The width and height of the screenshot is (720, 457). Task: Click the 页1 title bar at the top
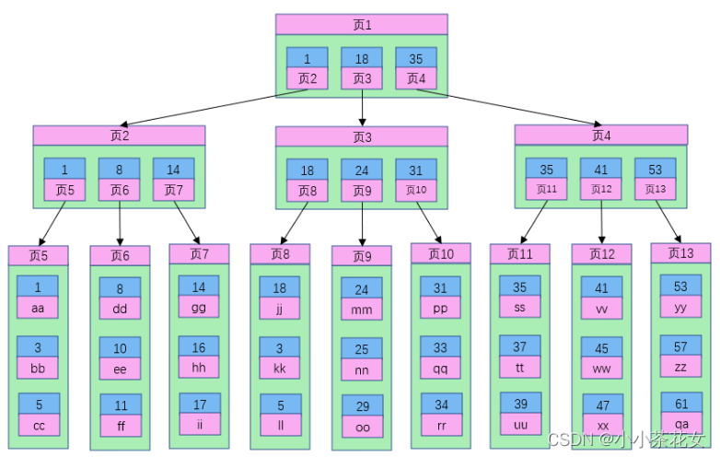361,24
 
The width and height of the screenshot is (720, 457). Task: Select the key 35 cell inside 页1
415,58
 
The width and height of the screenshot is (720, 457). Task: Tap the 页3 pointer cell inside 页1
361,78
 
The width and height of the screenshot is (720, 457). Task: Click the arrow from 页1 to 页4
516,105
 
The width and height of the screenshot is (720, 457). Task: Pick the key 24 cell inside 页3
361,170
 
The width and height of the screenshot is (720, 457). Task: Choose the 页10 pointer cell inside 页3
415,190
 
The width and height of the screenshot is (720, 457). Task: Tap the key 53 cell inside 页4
655,169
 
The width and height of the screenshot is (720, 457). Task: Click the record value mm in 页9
361,311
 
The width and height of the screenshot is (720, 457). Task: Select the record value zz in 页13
680,366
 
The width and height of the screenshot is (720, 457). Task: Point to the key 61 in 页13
680,404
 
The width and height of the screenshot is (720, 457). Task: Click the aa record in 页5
38,308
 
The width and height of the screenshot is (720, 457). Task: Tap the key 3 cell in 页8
279,346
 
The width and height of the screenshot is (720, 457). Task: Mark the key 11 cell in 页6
120,404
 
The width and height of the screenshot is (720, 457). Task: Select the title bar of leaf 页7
199,253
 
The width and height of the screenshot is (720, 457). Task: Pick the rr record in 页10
440,426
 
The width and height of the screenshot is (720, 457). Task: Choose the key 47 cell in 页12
601,405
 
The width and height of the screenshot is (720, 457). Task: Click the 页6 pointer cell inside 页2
119,190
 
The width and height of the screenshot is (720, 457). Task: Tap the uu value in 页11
520,425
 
